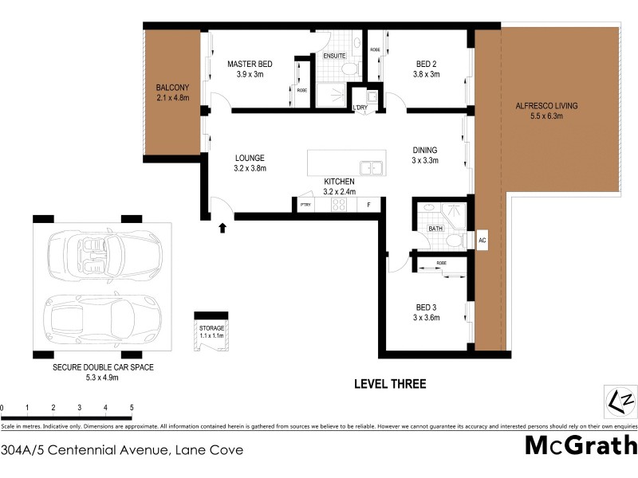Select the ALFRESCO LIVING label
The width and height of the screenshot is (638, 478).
(x=547, y=105)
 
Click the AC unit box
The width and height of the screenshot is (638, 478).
(x=482, y=239)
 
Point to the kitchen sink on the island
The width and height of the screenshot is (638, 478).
(x=370, y=168)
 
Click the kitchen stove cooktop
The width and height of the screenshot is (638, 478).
(x=338, y=204)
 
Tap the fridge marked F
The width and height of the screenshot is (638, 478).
(x=368, y=205)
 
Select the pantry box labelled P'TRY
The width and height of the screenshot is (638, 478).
(x=304, y=205)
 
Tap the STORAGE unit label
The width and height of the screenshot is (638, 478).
(x=211, y=328)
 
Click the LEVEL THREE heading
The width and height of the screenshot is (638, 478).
(x=390, y=384)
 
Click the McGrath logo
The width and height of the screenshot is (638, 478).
(x=581, y=445)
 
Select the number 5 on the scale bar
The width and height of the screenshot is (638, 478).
(x=131, y=407)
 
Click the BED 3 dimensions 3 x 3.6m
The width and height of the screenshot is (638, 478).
(x=427, y=318)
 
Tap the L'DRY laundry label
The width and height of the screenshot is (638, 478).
(x=360, y=107)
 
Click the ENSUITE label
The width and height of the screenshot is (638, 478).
(x=334, y=56)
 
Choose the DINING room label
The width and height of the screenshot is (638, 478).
(x=425, y=150)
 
